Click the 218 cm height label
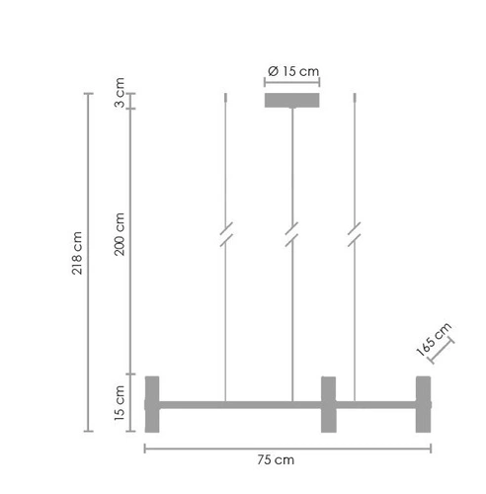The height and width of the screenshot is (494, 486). pos(75,254)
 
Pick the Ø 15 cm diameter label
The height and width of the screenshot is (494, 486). pos(293,70)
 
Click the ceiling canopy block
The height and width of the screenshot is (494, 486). pos(292,101)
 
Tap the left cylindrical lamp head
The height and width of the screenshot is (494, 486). pos(153,403)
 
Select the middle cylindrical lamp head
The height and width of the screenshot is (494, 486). pos(328,403)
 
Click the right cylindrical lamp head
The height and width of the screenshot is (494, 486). pos(424,403)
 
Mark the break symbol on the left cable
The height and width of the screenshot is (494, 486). pos(226,237)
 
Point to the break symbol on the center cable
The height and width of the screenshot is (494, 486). pos(291,237)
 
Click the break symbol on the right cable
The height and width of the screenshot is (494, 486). pos(355,237)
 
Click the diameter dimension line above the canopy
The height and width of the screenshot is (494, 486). pos(293,83)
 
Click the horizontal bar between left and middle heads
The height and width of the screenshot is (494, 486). pos(240,403)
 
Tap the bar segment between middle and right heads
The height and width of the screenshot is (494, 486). pos(375,403)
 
